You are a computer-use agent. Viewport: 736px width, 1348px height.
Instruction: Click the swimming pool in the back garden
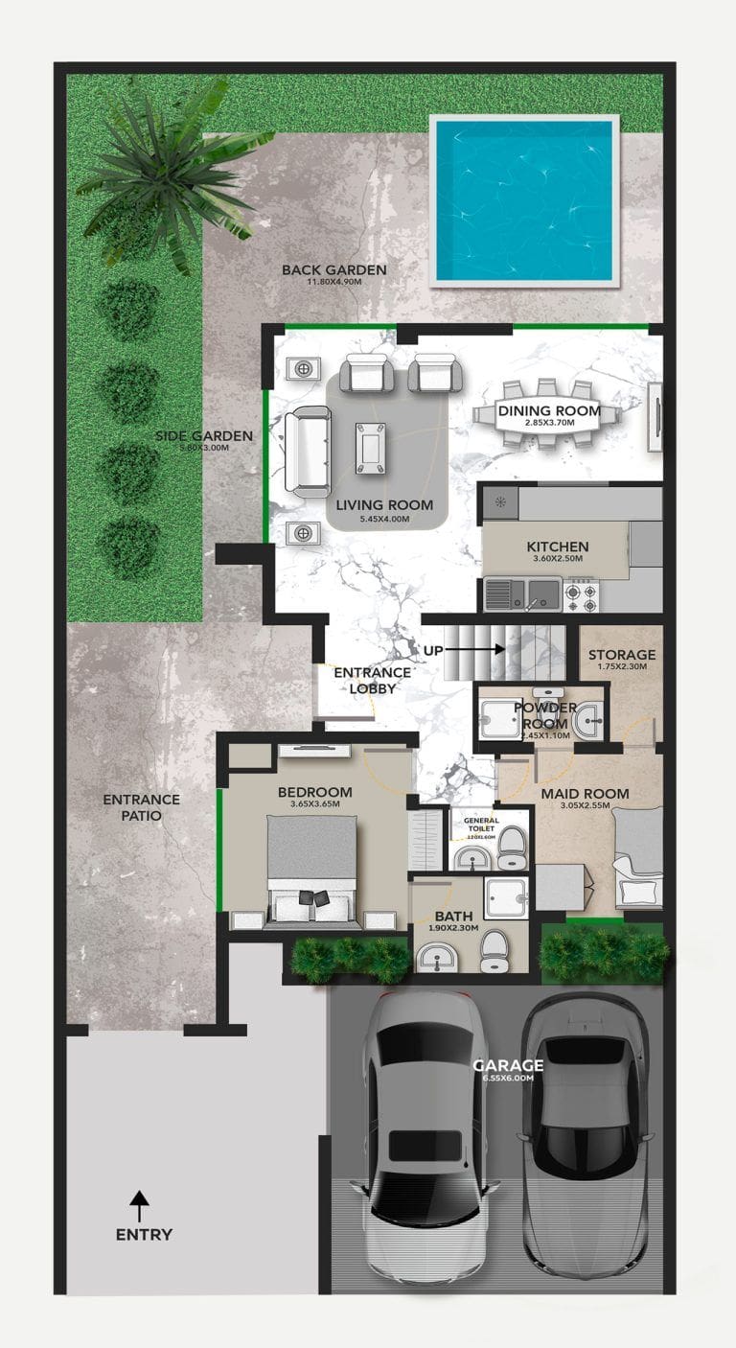[524, 200]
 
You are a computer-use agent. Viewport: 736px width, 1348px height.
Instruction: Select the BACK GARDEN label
[333, 270]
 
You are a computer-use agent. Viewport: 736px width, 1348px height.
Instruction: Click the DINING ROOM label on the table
[549, 411]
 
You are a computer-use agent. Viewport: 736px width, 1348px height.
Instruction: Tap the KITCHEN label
[558, 546]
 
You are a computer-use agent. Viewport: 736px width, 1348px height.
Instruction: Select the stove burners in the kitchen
[581, 594]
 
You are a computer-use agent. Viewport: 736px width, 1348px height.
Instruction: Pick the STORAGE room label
[623, 655]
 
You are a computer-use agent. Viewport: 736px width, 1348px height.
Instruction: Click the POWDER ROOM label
[544, 715]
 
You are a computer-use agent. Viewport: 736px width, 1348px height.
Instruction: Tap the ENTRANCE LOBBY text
[372, 680]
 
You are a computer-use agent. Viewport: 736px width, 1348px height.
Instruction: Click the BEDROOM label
[314, 792]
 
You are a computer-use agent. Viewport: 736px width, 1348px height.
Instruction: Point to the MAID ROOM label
[585, 793]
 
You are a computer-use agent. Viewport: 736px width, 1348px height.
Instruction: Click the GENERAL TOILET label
[480, 825]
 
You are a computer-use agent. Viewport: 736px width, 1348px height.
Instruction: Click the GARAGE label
[508, 1065]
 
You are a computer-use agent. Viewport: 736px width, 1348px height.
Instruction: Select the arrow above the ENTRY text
[140, 1203]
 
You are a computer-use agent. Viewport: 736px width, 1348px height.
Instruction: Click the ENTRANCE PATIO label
[141, 807]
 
